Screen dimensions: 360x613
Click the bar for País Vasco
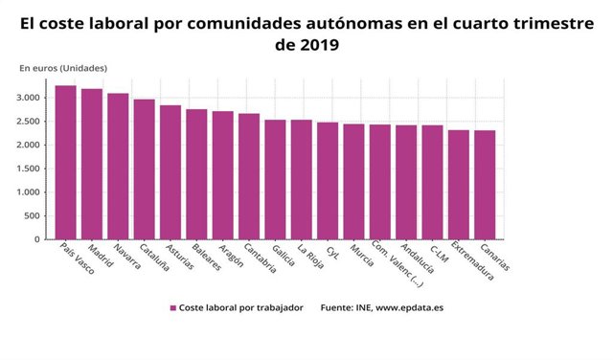tap(66, 163)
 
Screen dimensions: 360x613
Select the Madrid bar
tap(92, 164)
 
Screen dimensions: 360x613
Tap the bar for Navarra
tap(118, 167)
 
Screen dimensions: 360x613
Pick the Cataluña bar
tap(145, 169)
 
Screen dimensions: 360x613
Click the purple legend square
tap(173, 308)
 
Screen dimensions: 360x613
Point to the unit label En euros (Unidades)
tap(63, 68)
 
